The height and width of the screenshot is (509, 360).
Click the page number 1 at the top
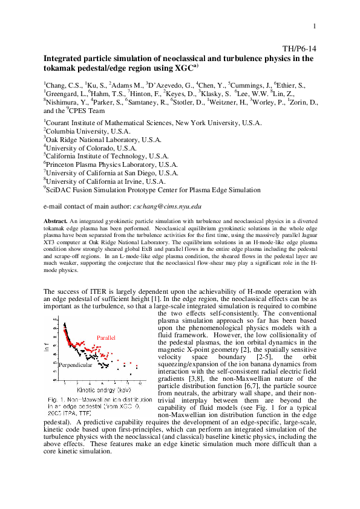pyautogui.click(x=315, y=25)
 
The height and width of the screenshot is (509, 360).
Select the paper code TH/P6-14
pyautogui.click(x=299, y=49)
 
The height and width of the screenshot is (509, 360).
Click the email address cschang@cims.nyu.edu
pyautogui.click(x=167, y=206)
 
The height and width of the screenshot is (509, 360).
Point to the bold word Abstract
pyautogui.click(x=56, y=221)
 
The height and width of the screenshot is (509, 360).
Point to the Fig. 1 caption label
pyautogui.click(x=55, y=400)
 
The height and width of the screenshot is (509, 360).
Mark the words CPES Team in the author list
pyautogui.click(x=88, y=112)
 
